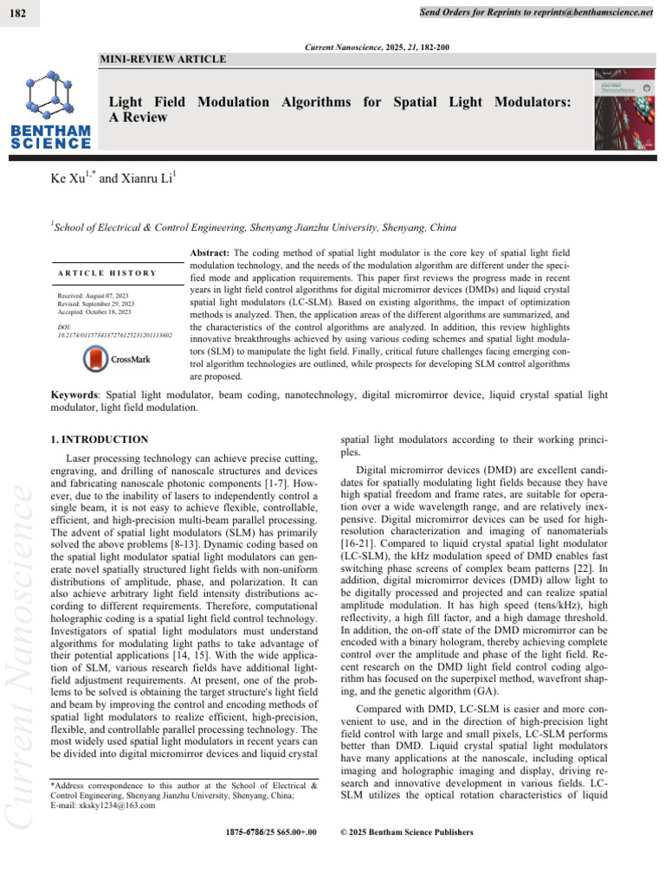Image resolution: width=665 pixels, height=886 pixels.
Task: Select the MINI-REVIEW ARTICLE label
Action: coord(165,60)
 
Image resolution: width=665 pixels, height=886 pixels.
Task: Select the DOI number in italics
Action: coord(113,333)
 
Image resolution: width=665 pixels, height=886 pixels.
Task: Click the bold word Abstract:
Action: coord(210,248)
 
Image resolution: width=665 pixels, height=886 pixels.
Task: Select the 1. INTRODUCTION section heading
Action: coord(100,440)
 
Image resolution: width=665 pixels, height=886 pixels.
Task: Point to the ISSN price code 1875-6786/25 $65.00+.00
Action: coord(271,832)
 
